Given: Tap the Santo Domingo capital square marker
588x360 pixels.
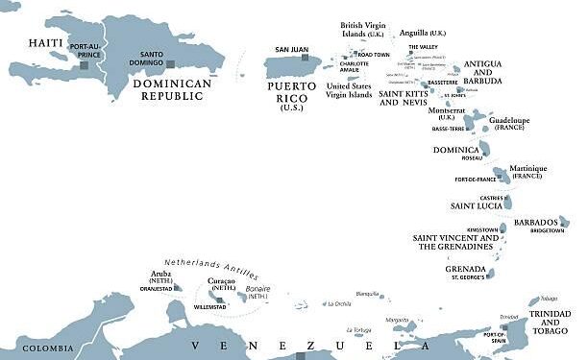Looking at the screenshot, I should [x=169, y=64].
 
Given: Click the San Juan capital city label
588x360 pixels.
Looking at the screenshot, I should [x=292, y=49].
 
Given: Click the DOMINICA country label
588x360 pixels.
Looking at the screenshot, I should [x=455, y=150].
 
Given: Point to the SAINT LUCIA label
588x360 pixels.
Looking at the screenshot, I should [x=476, y=205].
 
